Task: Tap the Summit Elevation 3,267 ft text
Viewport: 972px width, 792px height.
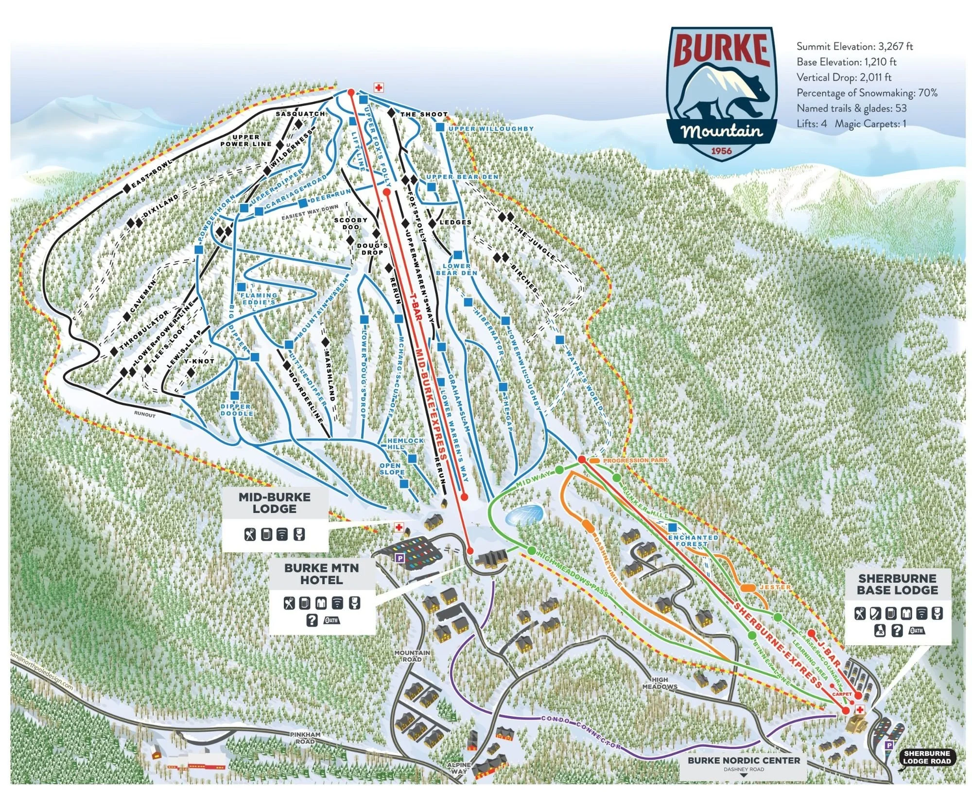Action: [x=854, y=47]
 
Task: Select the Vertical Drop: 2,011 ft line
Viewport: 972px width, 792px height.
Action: [x=844, y=77]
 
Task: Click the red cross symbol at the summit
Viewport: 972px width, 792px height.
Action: [x=379, y=88]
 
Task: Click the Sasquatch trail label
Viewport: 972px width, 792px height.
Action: [x=300, y=114]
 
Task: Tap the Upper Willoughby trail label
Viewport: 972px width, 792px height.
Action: [x=491, y=129]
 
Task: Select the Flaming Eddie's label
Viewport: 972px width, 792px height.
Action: [x=259, y=299]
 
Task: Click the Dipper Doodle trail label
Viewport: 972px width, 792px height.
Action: [x=237, y=410]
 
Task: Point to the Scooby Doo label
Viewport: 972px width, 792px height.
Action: [x=350, y=223]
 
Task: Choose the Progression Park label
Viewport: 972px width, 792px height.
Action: [x=635, y=460]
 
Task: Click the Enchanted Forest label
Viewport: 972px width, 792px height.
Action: [x=692, y=541]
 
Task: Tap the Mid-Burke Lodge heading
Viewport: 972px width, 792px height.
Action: [x=275, y=503]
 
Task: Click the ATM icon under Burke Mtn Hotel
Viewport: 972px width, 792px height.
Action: [x=332, y=620]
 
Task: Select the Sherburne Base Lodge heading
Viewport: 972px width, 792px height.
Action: [x=897, y=584]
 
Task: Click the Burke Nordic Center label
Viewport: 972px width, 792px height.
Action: [x=744, y=760]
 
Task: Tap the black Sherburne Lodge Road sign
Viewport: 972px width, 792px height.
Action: [x=926, y=757]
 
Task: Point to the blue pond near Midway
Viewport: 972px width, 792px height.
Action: [x=524, y=514]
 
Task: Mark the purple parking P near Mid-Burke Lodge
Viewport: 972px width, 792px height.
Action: [x=399, y=559]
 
